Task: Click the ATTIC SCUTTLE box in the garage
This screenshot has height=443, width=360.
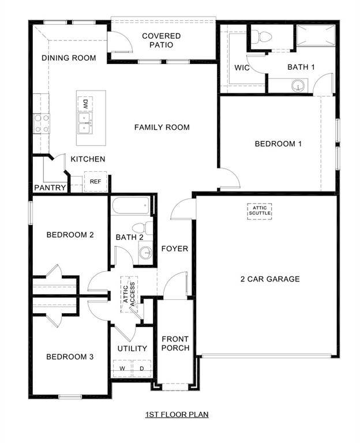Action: click(260, 211)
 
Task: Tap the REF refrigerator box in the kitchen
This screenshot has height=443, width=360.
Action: click(95, 182)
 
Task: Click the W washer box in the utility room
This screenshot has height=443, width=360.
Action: click(122, 368)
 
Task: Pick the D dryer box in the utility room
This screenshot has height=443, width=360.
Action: click(141, 368)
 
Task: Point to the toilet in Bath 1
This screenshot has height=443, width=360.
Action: click(265, 37)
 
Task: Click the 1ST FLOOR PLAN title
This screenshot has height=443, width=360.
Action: click(176, 414)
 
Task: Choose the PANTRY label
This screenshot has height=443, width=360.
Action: click(50, 188)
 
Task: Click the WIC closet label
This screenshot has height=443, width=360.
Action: click(241, 67)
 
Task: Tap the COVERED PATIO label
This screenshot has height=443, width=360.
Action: click(161, 40)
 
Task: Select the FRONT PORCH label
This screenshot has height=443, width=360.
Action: click(175, 343)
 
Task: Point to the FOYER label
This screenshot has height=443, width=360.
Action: click(174, 249)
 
